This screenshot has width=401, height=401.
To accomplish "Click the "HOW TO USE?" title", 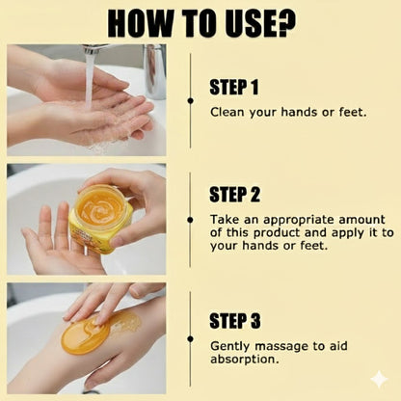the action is (201, 23).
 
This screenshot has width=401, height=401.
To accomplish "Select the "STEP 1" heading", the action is (234, 87).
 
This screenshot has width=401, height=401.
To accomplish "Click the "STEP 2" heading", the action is (234, 195).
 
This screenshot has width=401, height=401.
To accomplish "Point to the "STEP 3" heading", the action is (235, 320).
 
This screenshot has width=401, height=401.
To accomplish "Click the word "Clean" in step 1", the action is (227, 112).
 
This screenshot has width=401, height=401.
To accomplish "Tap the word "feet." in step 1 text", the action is (353, 112).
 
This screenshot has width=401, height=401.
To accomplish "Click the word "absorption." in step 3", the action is (244, 360).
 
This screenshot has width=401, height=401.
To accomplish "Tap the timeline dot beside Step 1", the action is (191, 101).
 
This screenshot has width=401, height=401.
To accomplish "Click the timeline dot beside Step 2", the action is (190, 220).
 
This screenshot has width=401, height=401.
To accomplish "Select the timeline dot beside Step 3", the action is (190, 338).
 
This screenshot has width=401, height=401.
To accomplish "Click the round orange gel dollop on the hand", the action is (86, 336).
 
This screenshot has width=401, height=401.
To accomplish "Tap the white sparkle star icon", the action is (379, 379).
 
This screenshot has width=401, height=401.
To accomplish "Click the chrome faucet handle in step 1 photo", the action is (154, 71).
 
